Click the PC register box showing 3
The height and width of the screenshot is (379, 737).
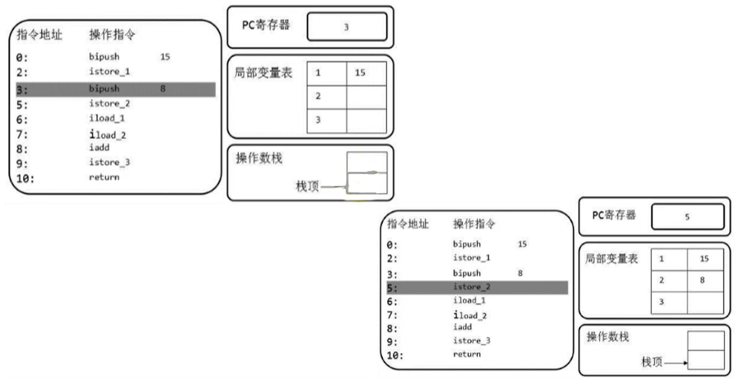click(x=346, y=27)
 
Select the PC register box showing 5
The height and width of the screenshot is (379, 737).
click(x=686, y=217)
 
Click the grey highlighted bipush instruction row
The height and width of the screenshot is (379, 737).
click(x=115, y=89)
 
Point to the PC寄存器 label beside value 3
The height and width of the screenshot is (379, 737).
click(x=266, y=25)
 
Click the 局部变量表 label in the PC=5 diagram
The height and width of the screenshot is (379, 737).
click(x=612, y=259)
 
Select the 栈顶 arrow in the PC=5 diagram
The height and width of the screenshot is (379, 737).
click(x=674, y=363)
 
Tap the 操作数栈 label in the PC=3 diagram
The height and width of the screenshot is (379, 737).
click(x=259, y=159)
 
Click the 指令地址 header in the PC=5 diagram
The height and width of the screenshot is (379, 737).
click(x=408, y=225)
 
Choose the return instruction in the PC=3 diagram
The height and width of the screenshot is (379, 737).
click(x=104, y=177)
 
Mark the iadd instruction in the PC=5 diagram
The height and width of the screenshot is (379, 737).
click(x=462, y=326)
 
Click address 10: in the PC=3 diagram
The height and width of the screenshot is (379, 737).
click(x=25, y=178)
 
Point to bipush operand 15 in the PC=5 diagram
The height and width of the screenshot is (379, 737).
click(x=522, y=244)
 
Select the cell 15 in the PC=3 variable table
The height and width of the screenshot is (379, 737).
click(x=366, y=73)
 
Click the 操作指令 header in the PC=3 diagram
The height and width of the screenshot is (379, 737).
click(x=112, y=34)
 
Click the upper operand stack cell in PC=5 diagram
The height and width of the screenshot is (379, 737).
click(x=705, y=341)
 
